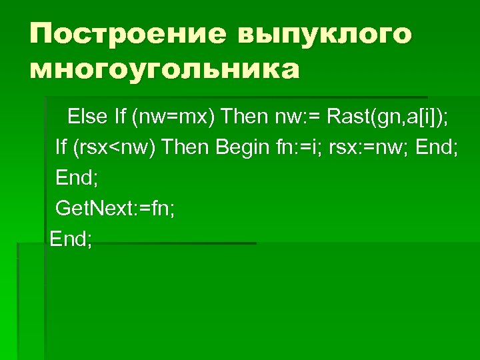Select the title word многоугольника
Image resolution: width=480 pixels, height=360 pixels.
[x=164, y=69]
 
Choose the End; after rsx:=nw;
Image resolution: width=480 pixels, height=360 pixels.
[x=436, y=147]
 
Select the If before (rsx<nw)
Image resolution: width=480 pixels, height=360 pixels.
[x=61, y=147]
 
